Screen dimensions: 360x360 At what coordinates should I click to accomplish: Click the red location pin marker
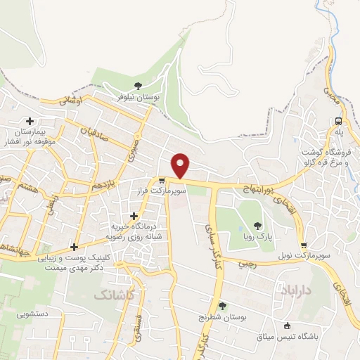[x=181, y=165]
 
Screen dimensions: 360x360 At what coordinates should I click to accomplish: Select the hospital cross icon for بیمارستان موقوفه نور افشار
[x=30, y=121]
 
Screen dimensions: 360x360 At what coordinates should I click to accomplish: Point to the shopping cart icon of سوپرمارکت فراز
[x=162, y=181]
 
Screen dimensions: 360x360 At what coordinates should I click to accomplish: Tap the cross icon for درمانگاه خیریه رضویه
[x=134, y=216]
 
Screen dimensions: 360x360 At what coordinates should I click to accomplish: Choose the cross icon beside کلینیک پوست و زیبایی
[x=74, y=246]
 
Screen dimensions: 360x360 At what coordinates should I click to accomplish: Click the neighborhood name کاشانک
[x=112, y=296]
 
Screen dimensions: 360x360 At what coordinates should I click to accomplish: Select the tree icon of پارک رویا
[x=257, y=226]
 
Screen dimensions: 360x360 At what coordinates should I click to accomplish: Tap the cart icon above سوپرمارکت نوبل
[x=304, y=245]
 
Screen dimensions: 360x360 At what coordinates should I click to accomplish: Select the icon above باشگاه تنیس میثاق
[x=287, y=326]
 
